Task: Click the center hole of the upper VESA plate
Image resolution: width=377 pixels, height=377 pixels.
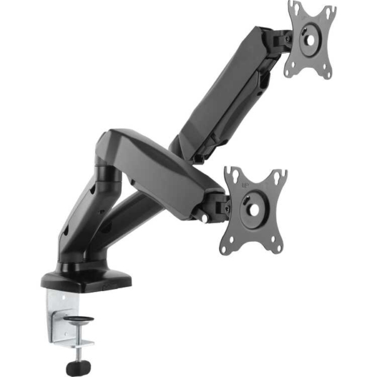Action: pyautogui.click(x=310, y=39)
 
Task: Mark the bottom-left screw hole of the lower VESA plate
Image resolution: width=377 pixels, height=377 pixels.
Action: pyautogui.click(x=224, y=249)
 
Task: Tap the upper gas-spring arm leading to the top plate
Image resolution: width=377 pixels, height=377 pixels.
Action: pyautogui.click(x=226, y=94)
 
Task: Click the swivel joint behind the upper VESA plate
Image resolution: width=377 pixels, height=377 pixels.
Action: pyautogui.click(x=281, y=39)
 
